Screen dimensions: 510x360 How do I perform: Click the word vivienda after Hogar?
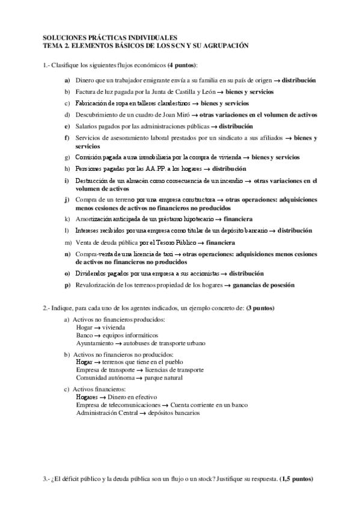coord(115,328)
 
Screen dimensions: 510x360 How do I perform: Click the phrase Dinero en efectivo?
coord(132,398)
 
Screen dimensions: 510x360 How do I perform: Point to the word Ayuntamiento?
coord(94,343)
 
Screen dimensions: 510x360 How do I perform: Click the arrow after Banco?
coord(97,336)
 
